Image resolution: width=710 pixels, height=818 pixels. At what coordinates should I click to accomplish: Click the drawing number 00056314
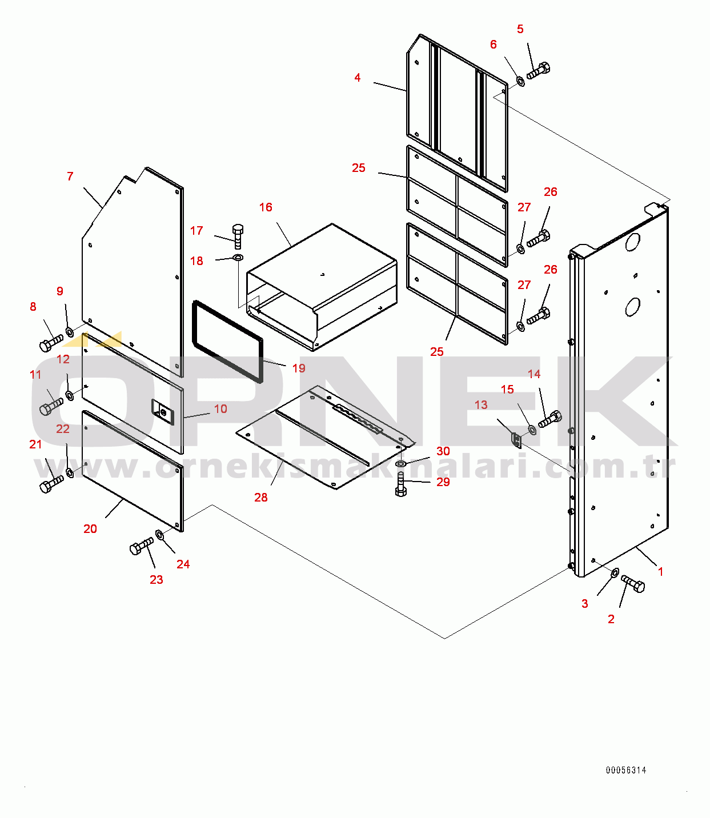(626, 770)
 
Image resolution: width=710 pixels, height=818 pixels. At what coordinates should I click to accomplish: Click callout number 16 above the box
(266, 207)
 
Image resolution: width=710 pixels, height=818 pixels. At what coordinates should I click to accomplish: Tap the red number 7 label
(70, 177)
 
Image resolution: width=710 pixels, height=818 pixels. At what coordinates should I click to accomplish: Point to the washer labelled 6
(520, 81)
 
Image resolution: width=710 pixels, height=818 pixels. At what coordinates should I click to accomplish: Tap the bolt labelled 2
(633, 584)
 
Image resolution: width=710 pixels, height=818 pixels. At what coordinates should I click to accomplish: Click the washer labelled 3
(615, 572)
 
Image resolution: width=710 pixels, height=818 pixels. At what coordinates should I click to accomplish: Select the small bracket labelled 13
(516, 440)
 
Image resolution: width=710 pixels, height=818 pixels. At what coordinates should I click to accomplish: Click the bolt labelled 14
(550, 420)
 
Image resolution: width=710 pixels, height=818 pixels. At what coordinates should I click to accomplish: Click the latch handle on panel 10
(162, 411)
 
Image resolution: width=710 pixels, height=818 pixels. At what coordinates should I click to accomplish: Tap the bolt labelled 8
(51, 343)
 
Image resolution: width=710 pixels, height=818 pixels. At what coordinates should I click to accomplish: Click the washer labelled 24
(160, 535)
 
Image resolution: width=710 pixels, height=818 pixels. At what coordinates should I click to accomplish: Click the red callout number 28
(260, 498)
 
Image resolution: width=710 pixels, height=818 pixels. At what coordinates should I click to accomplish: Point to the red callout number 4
(357, 78)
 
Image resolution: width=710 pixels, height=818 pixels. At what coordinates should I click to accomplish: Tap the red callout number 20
(90, 529)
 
